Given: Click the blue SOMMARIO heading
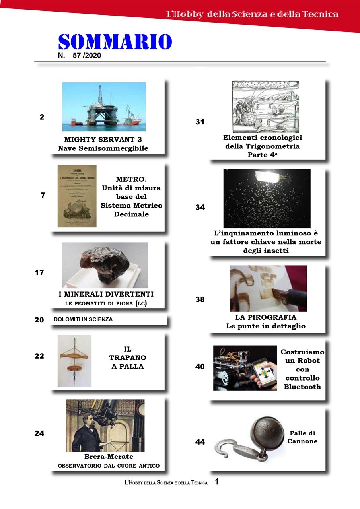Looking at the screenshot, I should [115, 41].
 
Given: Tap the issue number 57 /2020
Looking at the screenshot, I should [87, 56].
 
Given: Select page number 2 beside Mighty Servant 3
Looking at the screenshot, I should [42, 117].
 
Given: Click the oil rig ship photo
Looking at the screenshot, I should [104, 107].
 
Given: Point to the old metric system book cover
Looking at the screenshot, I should [77, 196].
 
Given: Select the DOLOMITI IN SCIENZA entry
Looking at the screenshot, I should [83, 319].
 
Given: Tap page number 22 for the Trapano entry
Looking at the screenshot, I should [39, 356].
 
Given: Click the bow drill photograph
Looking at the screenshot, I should [74, 361].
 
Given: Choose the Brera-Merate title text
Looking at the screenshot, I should [109, 457].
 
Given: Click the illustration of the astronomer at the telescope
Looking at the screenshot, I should [105, 425].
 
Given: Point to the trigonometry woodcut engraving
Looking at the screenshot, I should [265, 107].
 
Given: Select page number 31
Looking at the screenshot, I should [200, 122].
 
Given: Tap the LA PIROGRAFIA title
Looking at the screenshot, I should [266, 317].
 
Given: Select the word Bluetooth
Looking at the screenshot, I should [303, 387].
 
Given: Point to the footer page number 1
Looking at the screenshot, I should [217, 482].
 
